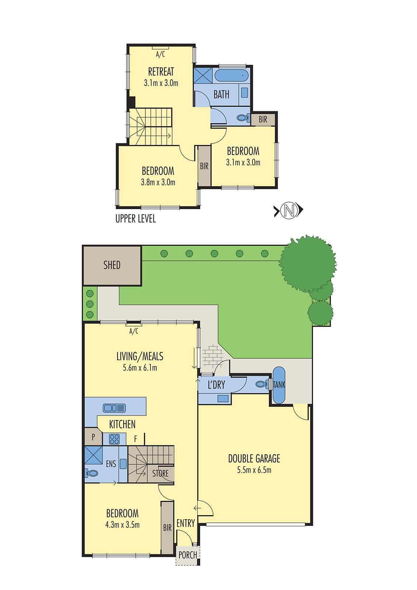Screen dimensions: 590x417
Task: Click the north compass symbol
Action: pyautogui.click(x=289, y=211)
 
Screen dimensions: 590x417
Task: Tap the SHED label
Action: pyautogui.click(x=112, y=265)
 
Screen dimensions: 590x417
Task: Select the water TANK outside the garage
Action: pyautogui.click(x=279, y=385)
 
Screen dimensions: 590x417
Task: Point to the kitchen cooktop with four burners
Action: pyautogui.click(x=114, y=439)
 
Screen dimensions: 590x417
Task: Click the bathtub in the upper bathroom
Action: pyautogui.click(x=232, y=75)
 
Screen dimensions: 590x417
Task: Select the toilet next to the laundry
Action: pyautogui.click(x=261, y=384)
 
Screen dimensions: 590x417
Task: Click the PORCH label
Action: pyautogui.click(x=187, y=555)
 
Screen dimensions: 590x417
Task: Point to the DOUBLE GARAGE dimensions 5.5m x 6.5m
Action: pyautogui.click(x=254, y=470)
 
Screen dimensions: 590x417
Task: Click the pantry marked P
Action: pyautogui.click(x=93, y=437)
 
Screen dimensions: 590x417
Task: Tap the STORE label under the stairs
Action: pyautogui.click(x=160, y=473)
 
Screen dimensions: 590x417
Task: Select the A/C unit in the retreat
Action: pyautogui.click(x=160, y=48)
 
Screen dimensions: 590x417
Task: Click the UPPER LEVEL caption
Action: pyautogui.click(x=136, y=219)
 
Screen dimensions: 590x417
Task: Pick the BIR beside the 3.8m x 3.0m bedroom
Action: pyautogui.click(x=204, y=166)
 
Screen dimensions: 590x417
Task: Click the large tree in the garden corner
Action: pyautogui.click(x=307, y=264)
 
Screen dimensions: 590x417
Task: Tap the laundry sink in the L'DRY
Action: pyautogui.click(x=223, y=399)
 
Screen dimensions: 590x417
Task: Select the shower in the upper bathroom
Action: pyautogui.click(x=203, y=75)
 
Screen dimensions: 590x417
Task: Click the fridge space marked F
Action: pyautogui.click(x=135, y=439)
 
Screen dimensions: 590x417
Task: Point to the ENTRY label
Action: pyautogui.click(x=185, y=523)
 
